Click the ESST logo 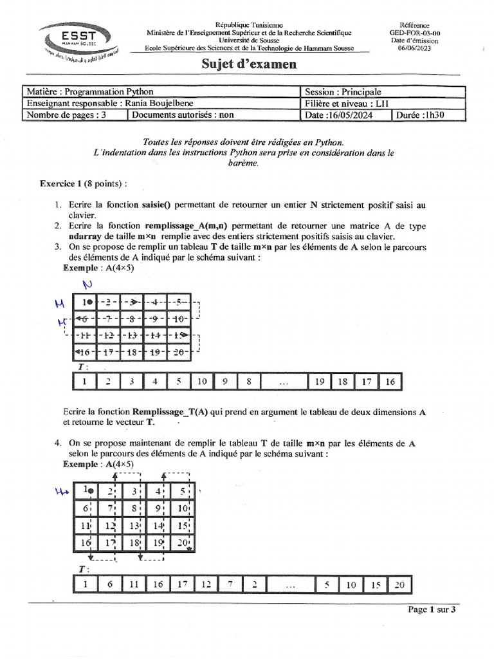[79, 38]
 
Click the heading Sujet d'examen [249, 64]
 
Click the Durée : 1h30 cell [428, 115]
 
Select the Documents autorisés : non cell [183, 115]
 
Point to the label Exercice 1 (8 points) [83, 183]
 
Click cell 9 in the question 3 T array [226, 381]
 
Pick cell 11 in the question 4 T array [133, 584]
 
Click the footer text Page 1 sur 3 [432, 610]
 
